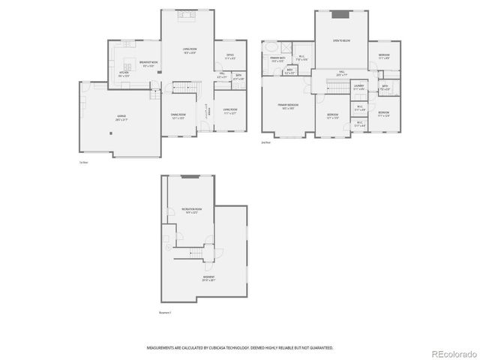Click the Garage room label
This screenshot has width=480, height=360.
[x=121, y=118]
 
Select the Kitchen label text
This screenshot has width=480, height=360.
[x=124, y=74]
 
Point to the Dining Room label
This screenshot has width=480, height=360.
[x=177, y=116]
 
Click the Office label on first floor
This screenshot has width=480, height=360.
[x=230, y=56]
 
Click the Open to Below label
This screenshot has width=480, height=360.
[x=341, y=42]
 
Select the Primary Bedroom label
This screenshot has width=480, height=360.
[x=287, y=106]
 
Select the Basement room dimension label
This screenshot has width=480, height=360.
[x=208, y=280]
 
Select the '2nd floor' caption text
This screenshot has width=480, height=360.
[x=265, y=142]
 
